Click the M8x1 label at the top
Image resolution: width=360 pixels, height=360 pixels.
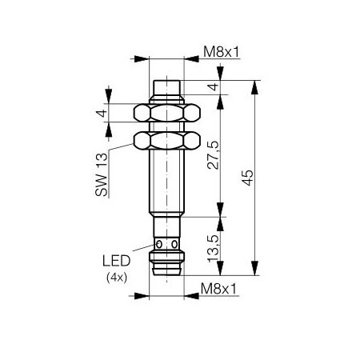pos(221,51)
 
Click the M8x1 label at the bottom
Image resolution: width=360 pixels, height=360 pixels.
pos(218,289)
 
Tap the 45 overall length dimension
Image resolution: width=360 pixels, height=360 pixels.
pos(248,178)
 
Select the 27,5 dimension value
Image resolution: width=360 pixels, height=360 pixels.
pos(213,155)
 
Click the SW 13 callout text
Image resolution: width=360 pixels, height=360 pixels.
pos(102,174)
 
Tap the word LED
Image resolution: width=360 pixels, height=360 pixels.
pos(116,261)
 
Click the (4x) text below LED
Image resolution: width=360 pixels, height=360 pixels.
pos(117,278)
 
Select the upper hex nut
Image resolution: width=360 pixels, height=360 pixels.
pos(167,113)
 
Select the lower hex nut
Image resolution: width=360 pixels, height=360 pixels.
pos(167,140)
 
